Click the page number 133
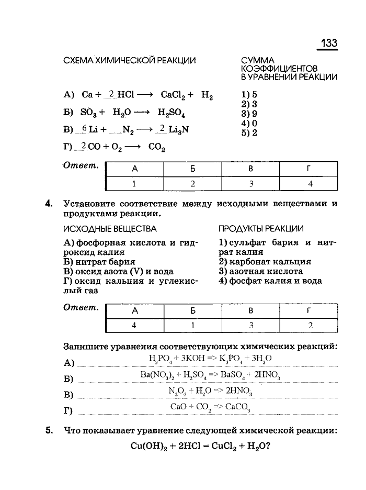coord(328,43)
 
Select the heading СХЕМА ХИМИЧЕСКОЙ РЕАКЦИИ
coord(129,61)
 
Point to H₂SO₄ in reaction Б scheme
coord(174,113)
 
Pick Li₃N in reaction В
coord(177,130)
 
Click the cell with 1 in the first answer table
coord(134,184)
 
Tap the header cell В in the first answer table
coord(250,169)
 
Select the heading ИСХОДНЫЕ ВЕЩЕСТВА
coord(110,229)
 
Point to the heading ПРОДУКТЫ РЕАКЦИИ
coord(261,229)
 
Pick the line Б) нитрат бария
coord(99,262)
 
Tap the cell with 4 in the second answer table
coord(134,325)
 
